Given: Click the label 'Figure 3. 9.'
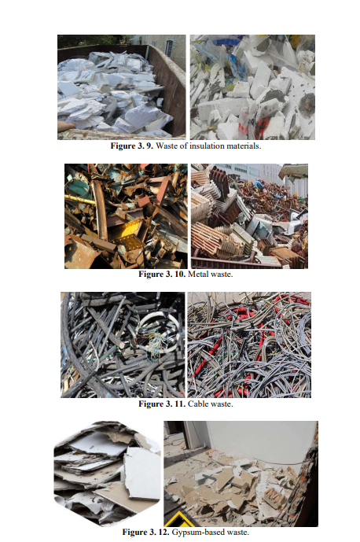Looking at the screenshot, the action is pyautogui.click(x=131, y=146).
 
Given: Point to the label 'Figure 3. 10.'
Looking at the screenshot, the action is pyautogui.click(x=162, y=275).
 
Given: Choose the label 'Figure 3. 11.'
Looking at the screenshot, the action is pyautogui.click(x=162, y=404).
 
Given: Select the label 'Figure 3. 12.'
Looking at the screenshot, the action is pyautogui.click(x=145, y=533).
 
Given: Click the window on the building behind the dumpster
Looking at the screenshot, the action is pyautogui.click(x=169, y=49).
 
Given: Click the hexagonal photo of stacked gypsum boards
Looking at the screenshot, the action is pyautogui.click(x=108, y=474).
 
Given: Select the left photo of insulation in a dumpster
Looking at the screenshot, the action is pyautogui.click(x=122, y=87).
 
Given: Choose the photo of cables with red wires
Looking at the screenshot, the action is pyautogui.click(x=249, y=345).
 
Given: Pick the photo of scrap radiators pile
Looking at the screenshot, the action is pyautogui.click(x=249, y=216).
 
